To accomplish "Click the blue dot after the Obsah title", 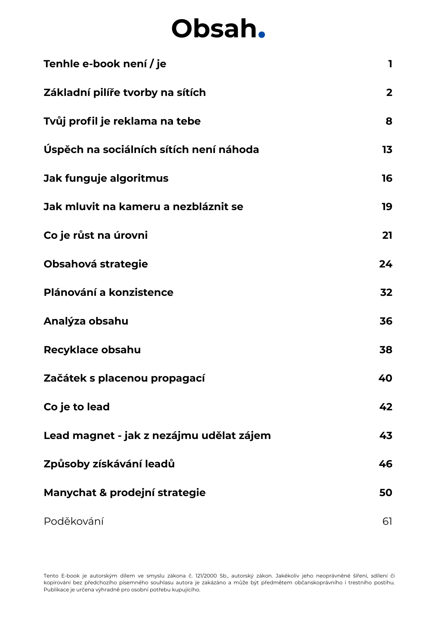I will coord(261,34).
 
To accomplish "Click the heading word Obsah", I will coord(214,29).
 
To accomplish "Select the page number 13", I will coord(387,150).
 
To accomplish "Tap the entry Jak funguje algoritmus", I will coord(106,178).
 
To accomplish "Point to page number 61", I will coord(387,521).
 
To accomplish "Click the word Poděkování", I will coord(73,521).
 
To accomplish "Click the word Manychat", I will coord(70,493).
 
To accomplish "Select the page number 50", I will coord(385,493).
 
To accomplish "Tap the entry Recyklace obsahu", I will coord(92,350).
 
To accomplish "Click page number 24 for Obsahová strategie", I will coord(385,264).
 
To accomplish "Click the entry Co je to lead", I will coord(76,407).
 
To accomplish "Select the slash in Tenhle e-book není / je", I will coord(151,64).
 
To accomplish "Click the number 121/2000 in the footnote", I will coord(206,576).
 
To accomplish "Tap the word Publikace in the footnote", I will coord(55,590).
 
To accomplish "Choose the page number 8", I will coord(389,121).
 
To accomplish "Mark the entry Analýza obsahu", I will coord(86,321).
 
